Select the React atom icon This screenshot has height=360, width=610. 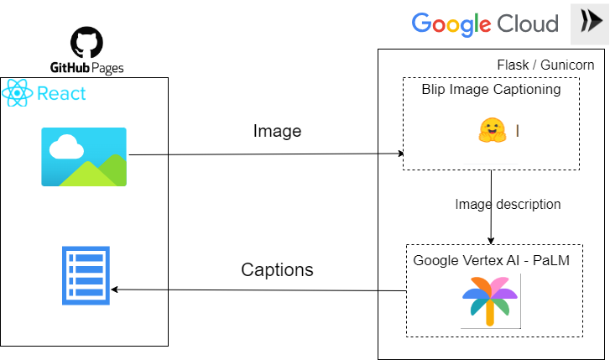tap(18, 93)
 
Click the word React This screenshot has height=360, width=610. tap(61, 93)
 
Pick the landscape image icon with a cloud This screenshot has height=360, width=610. tap(84, 156)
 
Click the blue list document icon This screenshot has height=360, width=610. tap(85, 275)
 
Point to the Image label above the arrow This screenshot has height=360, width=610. tap(277, 131)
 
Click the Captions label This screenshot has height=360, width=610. tap(277, 269)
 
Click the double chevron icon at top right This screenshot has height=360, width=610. tap(590, 23)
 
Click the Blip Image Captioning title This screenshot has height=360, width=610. tap(491, 90)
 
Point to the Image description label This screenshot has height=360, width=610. tap(508, 204)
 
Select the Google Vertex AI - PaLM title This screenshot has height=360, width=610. tap(491, 260)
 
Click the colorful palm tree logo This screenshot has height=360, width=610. tap(491, 300)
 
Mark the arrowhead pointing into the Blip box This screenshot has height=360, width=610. tap(401, 154)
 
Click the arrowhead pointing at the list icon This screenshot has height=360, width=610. tap(115, 290)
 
